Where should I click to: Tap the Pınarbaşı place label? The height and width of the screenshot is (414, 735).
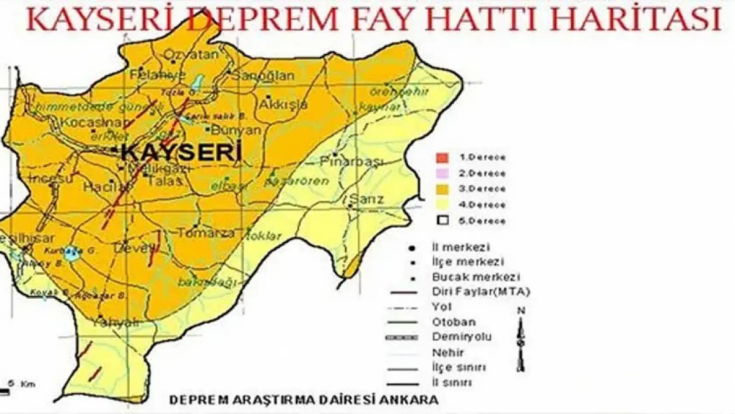(352, 161)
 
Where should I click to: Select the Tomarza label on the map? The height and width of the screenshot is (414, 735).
(206, 233)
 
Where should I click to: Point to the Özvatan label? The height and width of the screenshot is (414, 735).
(191, 55)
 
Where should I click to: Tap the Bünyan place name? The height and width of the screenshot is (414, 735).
(236, 130)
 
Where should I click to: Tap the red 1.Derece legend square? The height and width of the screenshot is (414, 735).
(443, 158)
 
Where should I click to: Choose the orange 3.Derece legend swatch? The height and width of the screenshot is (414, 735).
(443, 189)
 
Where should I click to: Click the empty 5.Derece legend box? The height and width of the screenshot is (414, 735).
(443, 221)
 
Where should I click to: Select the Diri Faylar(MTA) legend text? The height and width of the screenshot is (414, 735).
(481, 292)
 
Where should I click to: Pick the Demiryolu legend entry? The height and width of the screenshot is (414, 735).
(461, 337)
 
